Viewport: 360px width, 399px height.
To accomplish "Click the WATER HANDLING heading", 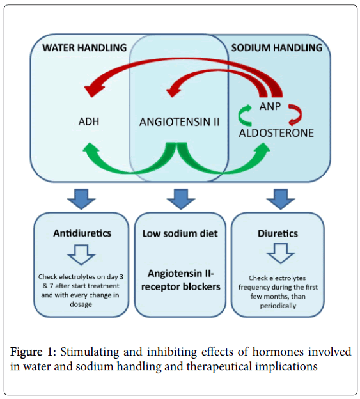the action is point(84,47).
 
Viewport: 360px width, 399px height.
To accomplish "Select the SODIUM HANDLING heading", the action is point(277,47).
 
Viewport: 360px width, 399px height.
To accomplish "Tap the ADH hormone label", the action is point(88,121).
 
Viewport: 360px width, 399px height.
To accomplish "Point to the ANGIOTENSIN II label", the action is point(179,122).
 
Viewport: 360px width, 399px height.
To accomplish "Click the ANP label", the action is point(270,106).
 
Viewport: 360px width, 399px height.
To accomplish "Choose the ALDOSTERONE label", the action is point(276,133).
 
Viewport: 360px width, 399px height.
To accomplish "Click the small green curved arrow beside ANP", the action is point(245,116).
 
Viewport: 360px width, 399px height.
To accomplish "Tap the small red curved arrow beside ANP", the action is point(295,115).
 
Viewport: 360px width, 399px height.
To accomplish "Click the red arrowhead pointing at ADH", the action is point(93,90).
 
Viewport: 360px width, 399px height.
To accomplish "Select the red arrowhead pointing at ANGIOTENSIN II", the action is point(173,91).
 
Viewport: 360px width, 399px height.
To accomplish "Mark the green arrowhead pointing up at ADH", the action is point(91,149).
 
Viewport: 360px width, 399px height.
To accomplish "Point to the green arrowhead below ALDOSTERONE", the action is point(263,149).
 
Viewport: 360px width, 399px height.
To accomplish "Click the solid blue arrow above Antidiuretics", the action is point(81,199).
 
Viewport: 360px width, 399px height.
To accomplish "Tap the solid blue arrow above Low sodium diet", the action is point(181,199).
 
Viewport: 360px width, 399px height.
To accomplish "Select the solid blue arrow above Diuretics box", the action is point(281,199).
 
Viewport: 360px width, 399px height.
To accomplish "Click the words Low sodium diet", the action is point(180,233).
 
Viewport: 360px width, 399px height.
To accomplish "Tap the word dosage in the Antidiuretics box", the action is point(81,304).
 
